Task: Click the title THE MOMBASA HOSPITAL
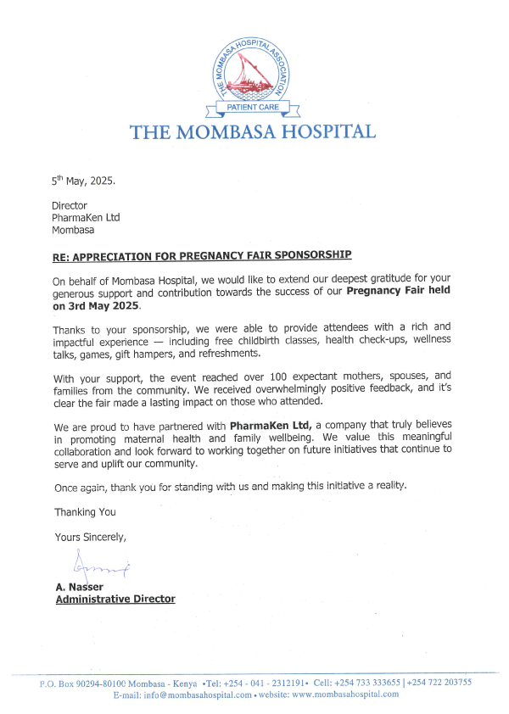[252, 132]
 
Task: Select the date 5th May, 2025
[83, 181]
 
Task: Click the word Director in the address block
[70, 206]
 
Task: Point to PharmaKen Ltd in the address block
[86, 218]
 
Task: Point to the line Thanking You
[85, 512]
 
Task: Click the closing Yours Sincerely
[91, 537]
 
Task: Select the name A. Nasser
[79, 587]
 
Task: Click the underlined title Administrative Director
[115, 599]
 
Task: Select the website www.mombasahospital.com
[345, 694]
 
